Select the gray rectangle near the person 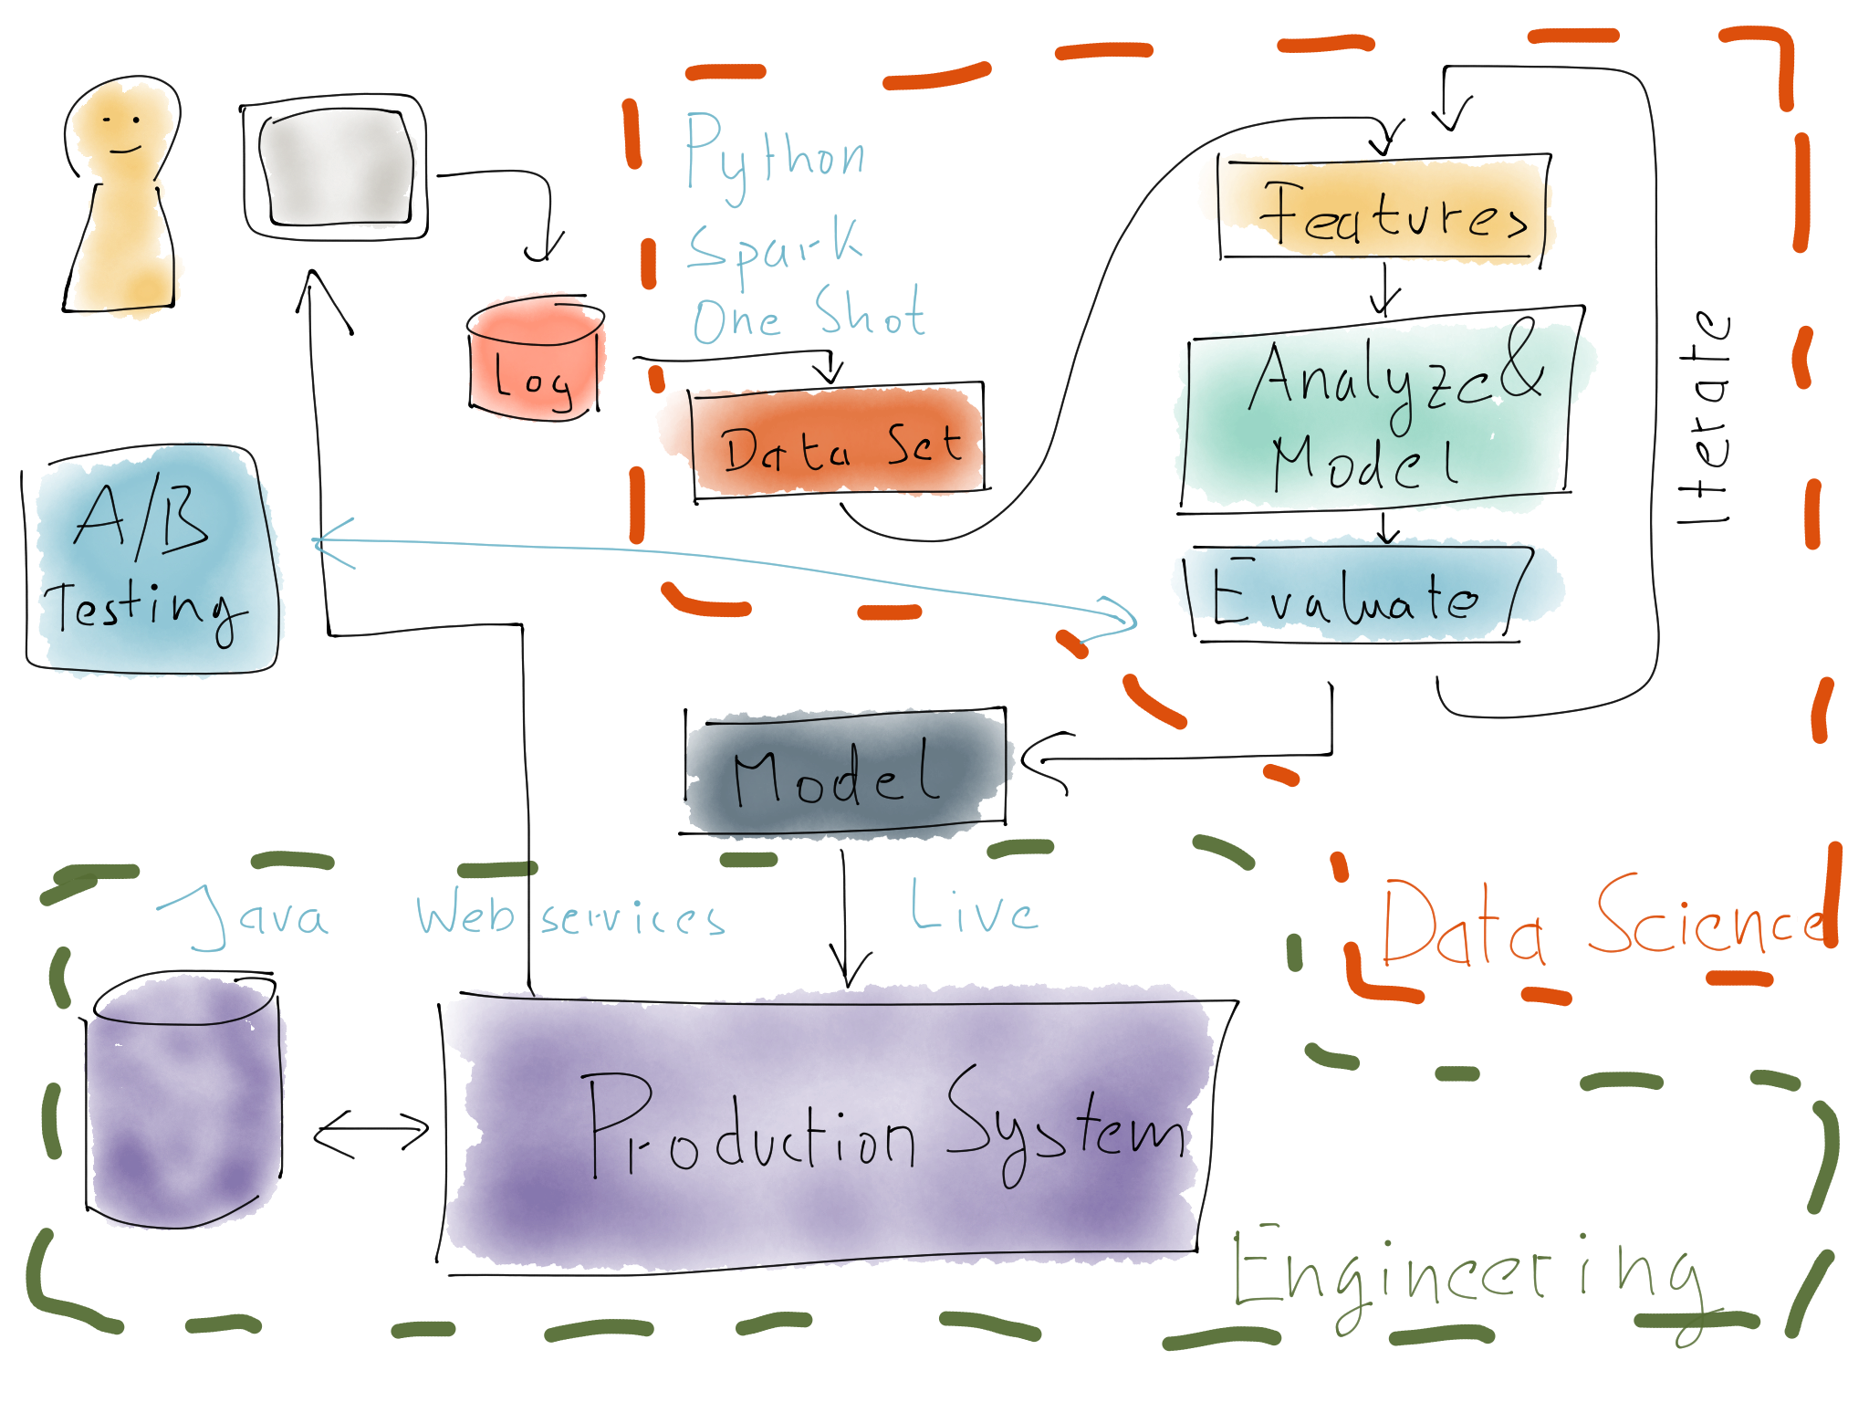coord(338,167)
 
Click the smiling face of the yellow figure coord(121,131)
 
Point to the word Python coord(774,155)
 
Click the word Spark coord(774,246)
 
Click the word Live coord(973,908)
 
